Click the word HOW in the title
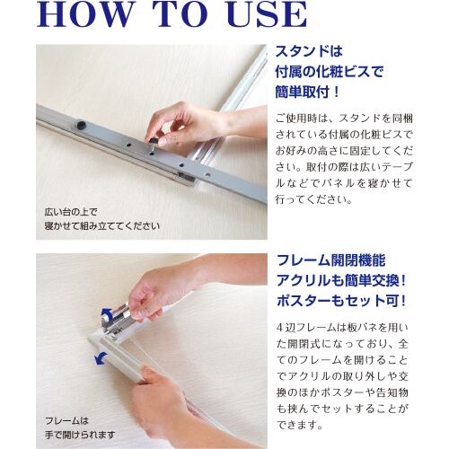[84, 14]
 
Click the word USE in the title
[268, 14]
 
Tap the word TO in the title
[180, 14]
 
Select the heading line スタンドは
[309, 51]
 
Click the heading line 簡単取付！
[307, 92]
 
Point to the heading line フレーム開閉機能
[331, 260]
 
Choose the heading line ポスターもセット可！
[341, 301]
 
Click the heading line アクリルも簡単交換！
[341, 280]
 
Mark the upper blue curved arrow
[106, 313]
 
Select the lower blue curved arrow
[101, 358]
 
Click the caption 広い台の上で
[71, 212]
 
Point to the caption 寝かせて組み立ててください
[101, 225]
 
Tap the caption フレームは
[66, 421]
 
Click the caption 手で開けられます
[80, 435]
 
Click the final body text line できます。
[300, 425]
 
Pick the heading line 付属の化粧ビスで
[330, 72]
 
